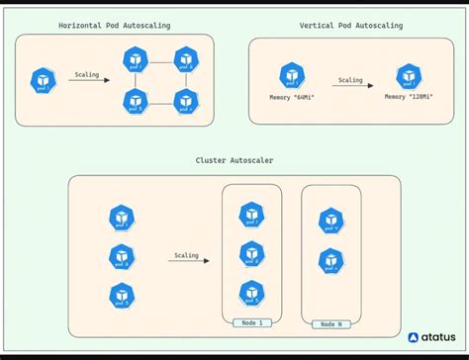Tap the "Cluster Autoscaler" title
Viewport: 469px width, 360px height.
click(x=234, y=159)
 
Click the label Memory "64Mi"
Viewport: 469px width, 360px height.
click(x=290, y=98)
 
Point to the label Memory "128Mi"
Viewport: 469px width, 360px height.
click(x=407, y=98)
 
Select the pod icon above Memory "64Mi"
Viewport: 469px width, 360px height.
click(x=290, y=75)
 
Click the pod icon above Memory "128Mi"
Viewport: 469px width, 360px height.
click(x=407, y=75)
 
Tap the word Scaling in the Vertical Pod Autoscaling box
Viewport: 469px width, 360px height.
click(x=350, y=80)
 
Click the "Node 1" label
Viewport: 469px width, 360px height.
click(x=251, y=323)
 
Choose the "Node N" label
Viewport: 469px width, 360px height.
click(x=330, y=323)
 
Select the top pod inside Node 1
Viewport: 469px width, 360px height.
click(x=251, y=216)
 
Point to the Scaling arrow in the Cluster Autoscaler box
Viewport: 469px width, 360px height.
click(x=186, y=261)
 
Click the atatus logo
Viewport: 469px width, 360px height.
click(x=431, y=337)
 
